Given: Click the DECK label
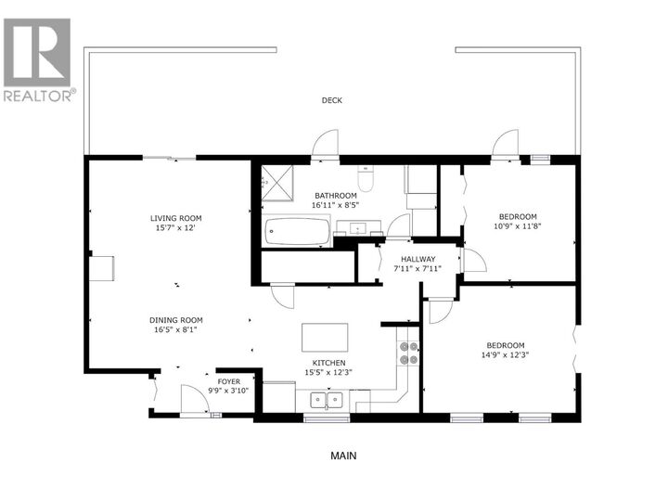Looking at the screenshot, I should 332,100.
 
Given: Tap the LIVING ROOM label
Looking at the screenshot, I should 176,219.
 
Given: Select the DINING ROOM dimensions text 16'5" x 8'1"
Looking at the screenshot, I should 176,328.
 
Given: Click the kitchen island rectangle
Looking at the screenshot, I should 325,337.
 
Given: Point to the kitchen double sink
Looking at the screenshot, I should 326,401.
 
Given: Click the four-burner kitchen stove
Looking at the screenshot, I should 408,353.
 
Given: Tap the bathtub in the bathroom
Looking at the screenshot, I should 297,232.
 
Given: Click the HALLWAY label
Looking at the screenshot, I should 419,259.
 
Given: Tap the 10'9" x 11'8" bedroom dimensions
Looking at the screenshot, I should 519,225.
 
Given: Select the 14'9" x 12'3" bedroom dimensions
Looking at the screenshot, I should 506,354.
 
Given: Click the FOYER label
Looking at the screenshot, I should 228,381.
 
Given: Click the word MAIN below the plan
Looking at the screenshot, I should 343,456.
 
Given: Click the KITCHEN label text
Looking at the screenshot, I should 329,363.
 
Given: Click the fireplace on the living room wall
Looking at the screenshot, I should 103,267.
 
